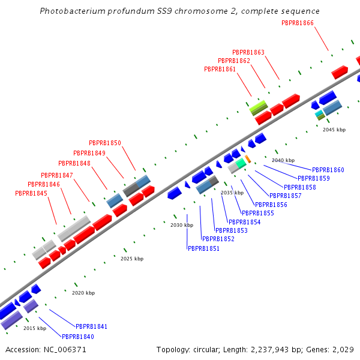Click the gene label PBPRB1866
(298, 23)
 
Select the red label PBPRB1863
(248, 53)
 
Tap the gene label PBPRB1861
(220, 70)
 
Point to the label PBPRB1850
(105, 143)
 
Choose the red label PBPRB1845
(31, 194)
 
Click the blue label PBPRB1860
(328, 170)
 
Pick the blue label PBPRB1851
(203, 248)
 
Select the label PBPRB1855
(257, 213)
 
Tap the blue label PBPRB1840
(78, 337)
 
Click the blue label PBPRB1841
(91, 327)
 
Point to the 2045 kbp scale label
(334, 130)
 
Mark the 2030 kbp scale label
(182, 225)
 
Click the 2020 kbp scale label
(83, 293)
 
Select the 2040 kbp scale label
(283, 161)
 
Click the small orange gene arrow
(248, 159)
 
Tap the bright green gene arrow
(259, 107)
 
